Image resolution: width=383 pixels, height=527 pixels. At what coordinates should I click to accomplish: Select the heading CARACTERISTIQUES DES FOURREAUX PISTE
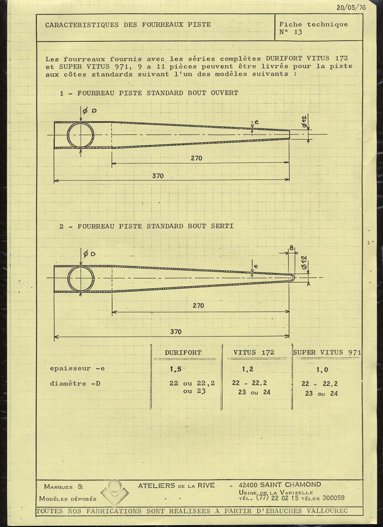pos(128,25)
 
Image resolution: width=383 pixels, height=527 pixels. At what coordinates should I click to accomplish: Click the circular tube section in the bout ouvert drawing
pos(81,135)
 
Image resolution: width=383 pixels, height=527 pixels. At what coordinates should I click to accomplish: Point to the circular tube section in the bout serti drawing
pos(81,278)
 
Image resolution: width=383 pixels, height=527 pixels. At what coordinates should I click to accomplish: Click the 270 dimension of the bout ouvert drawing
pos(196,158)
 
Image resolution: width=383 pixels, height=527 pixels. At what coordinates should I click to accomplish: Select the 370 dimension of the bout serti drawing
pos(176,332)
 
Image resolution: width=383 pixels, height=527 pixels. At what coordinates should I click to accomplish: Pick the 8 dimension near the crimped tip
pos(292,248)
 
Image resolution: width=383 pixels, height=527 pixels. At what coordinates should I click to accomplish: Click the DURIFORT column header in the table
pos(183,353)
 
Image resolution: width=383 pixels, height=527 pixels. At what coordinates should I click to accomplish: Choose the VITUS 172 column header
pos(254,353)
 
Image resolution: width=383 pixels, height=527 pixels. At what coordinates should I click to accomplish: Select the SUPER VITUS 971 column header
pos(327,353)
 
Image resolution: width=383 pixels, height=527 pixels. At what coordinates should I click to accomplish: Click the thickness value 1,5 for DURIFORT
pos(175,370)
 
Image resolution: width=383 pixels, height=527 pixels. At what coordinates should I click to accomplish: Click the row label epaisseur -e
pos(78,368)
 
